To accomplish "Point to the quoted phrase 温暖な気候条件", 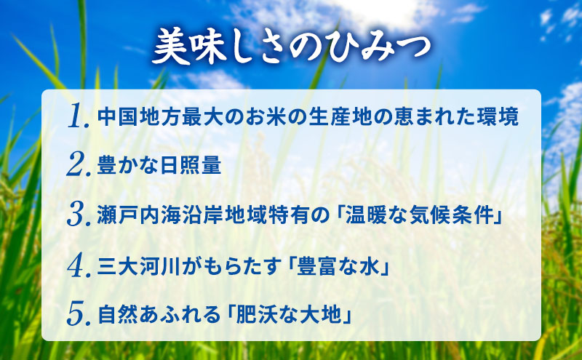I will pos(414,216).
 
